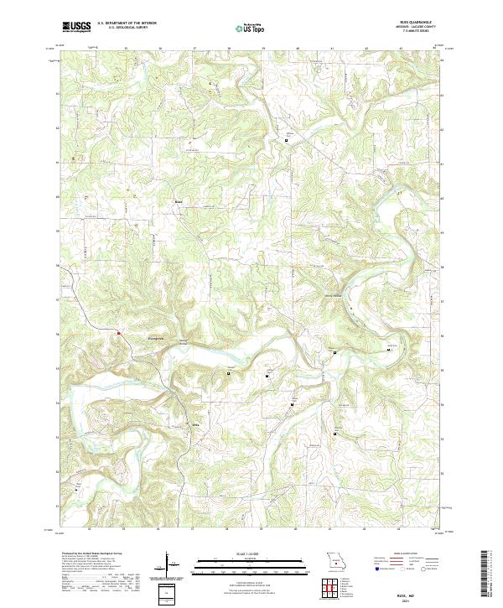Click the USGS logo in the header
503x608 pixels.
coord(76,27)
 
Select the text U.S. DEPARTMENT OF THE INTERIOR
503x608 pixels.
coord(127,23)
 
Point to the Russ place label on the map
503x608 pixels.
coord(178,201)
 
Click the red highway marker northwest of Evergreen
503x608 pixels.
coord(120,333)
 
